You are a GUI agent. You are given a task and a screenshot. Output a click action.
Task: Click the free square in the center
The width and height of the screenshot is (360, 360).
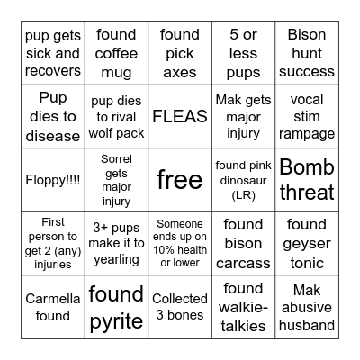pyautogui.click(x=180, y=179)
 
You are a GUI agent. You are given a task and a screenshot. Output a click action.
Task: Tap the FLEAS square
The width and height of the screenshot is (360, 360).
pyautogui.click(x=180, y=116)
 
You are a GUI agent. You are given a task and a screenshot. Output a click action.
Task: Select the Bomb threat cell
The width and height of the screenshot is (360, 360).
pyautogui.click(x=307, y=179)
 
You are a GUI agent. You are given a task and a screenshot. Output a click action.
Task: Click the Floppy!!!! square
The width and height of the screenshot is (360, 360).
pyautogui.click(x=53, y=179)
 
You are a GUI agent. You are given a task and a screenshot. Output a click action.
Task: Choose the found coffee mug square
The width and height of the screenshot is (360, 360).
pyautogui.click(x=116, y=53)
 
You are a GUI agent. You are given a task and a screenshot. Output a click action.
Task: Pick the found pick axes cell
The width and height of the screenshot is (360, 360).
pyautogui.click(x=180, y=53)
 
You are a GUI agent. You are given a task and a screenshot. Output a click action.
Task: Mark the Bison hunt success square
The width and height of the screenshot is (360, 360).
pyautogui.click(x=307, y=53)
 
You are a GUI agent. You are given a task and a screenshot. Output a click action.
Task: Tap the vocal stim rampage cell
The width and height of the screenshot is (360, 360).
pyautogui.click(x=307, y=116)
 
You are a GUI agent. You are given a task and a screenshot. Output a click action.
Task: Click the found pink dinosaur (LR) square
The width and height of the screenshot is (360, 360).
pyautogui.click(x=243, y=179)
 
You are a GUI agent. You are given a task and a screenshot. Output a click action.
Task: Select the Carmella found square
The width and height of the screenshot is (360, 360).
pyautogui.click(x=53, y=306)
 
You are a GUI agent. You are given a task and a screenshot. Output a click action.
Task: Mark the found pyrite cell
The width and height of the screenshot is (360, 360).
pyautogui.click(x=116, y=306)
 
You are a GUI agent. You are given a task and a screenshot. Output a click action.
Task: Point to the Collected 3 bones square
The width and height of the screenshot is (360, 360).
pyautogui.click(x=180, y=306)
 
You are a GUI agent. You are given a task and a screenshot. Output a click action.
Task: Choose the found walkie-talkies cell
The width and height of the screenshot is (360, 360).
pyautogui.click(x=243, y=306)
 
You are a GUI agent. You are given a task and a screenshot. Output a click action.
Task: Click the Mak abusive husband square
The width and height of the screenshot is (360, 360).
pyautogui.click(x=307, y=306)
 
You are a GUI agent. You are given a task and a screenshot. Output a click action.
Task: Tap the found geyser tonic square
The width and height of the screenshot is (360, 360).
pyautogui.click(x=307, y=243)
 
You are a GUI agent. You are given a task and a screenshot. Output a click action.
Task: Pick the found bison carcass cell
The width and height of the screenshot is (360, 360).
pyautogui.click(x=243, y=243)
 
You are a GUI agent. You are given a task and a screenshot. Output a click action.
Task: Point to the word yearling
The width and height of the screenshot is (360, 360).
pyautogui.click(x=117, y=260)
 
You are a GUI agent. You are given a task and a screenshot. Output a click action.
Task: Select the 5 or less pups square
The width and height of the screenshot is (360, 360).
pyautogui.click(x=243, y=53)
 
